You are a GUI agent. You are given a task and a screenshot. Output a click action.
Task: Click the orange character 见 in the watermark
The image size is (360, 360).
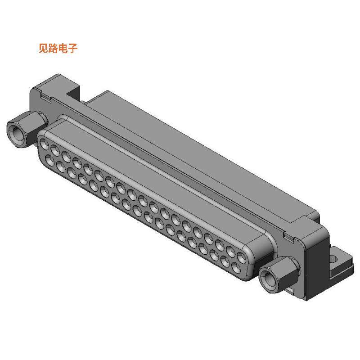point(44,49)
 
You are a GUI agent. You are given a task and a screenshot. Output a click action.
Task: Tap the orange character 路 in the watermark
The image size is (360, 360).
point(54,49)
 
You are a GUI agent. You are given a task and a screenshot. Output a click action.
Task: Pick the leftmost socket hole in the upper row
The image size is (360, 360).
point(44,144)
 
